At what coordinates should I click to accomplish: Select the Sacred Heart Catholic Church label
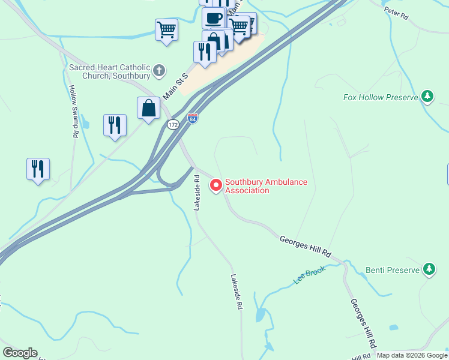click(110, 71)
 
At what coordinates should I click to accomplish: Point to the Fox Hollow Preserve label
click(381, 97)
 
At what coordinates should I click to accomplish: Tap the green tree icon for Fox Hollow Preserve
click(427, 97)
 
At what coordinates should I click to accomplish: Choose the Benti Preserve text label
click(393, 270)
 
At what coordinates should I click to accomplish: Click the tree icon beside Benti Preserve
click(429, 269)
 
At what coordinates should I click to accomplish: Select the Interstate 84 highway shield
click(193, 118)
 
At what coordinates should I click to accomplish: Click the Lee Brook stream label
click(309, 275)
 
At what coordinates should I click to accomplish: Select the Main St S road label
click(176, 83)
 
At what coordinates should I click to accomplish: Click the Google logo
click(20, 353)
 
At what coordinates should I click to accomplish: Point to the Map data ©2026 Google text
click(411, 355)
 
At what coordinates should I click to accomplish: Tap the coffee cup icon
click(213, 17)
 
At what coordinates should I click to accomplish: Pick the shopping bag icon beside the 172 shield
click(148, 109)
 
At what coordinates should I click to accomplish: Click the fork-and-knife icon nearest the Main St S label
click(205, 52)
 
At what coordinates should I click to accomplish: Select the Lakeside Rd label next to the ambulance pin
click(196, 192)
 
